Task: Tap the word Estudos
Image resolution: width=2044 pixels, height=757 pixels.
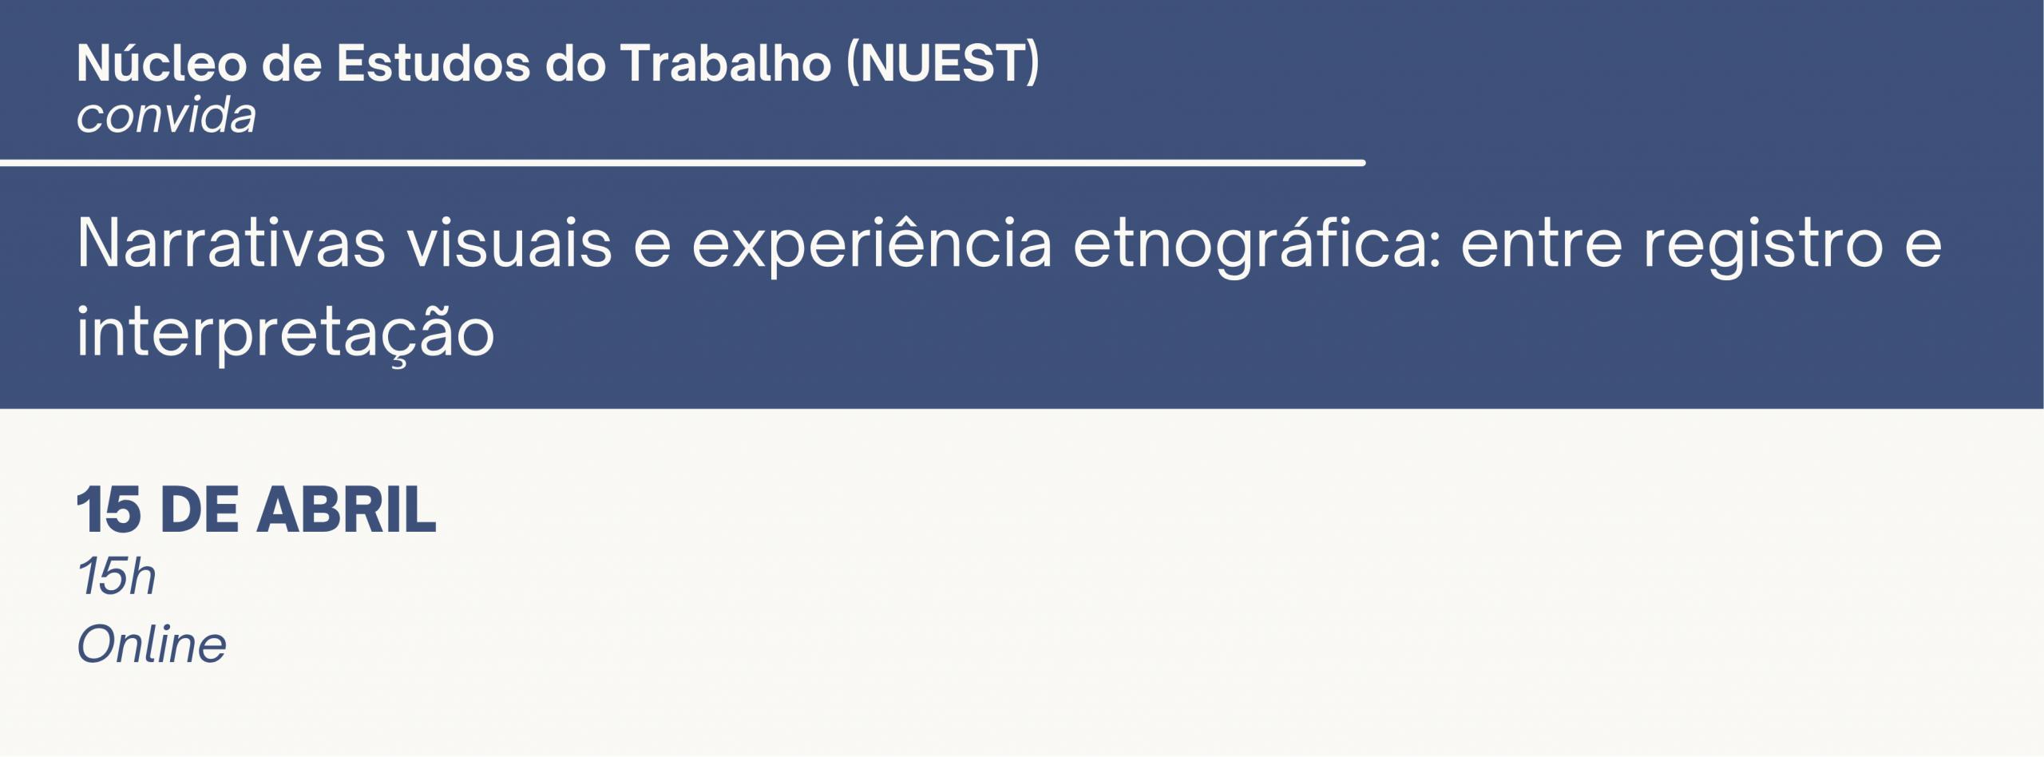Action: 433,64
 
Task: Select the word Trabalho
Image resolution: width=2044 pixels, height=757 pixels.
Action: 725,63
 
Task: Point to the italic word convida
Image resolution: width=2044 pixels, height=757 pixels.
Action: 167,117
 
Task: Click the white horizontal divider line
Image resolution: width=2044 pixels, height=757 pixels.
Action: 683,163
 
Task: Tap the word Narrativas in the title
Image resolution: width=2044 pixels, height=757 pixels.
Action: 232,244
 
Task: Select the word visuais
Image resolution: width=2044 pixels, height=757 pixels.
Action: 509,244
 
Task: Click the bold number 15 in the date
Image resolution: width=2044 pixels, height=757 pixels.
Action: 109,509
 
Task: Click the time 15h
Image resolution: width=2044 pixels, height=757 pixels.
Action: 117,577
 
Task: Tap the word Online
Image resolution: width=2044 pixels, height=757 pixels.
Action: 152,644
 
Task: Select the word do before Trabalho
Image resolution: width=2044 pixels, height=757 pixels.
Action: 574,64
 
